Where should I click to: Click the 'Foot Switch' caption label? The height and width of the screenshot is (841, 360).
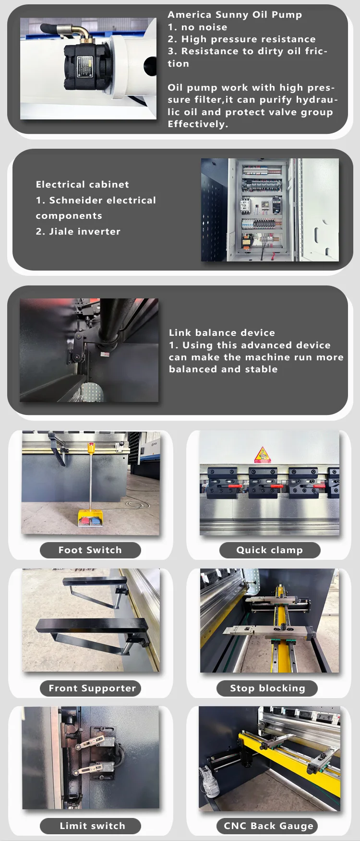(90, 550)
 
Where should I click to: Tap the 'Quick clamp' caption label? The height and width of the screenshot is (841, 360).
(270, 550)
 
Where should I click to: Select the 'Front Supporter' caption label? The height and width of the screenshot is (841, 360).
(92, 688)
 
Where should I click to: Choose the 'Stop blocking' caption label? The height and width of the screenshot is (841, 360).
(267, 688)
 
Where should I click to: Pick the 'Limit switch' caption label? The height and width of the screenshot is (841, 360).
(92, 826)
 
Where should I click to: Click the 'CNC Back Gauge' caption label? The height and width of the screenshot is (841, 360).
(268, 826)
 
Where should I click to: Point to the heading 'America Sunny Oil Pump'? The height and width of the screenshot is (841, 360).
(235, 15)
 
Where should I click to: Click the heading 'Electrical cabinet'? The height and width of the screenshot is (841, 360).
(83, 185)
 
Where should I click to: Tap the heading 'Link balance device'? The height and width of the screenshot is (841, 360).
(222, 333)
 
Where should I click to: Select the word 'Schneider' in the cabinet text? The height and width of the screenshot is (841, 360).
(77, 201)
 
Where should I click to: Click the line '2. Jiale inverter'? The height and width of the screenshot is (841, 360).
(78, 232)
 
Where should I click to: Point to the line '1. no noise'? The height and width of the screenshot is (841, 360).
(197, 27)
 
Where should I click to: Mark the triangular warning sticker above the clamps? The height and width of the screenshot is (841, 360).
(262, 454)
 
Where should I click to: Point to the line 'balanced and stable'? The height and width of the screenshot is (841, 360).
(223, 369)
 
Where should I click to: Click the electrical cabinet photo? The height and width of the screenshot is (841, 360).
(270, 210)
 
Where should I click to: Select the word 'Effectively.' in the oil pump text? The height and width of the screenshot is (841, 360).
(198, 124)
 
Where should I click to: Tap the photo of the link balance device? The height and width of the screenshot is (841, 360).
(89, 350)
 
